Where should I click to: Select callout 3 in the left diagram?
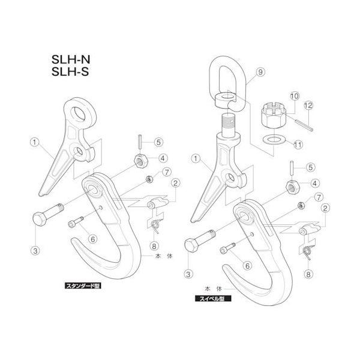(35, 251)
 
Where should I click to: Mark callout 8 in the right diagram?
(309, 274)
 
